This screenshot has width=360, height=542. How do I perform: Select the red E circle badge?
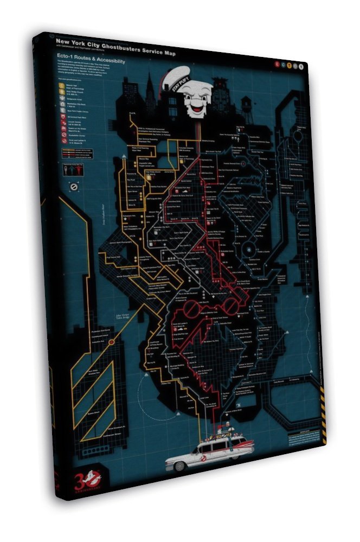pos(277,63)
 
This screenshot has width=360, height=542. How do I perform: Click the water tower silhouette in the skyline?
pos(247,103)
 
